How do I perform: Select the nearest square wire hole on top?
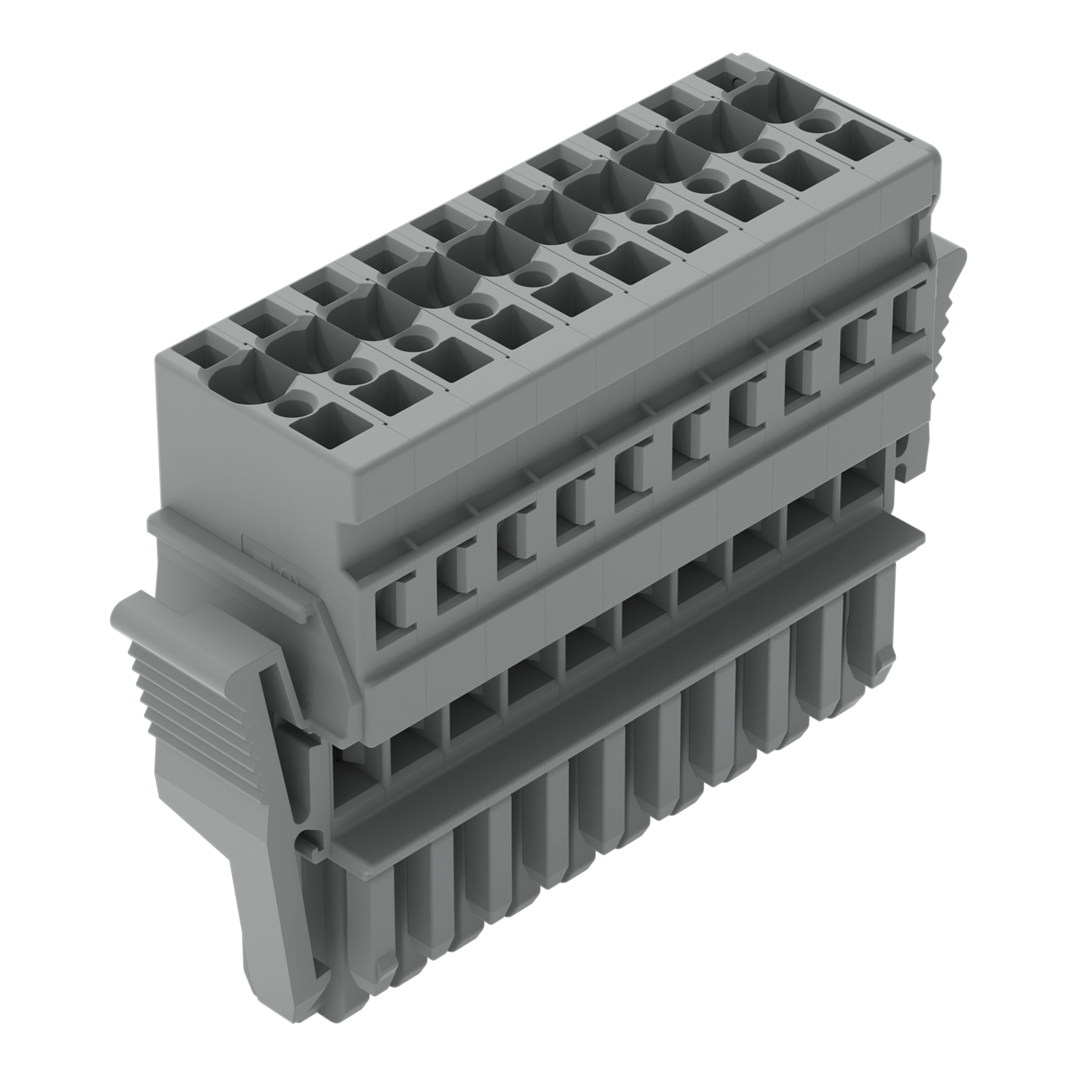[x=332, y=427]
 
